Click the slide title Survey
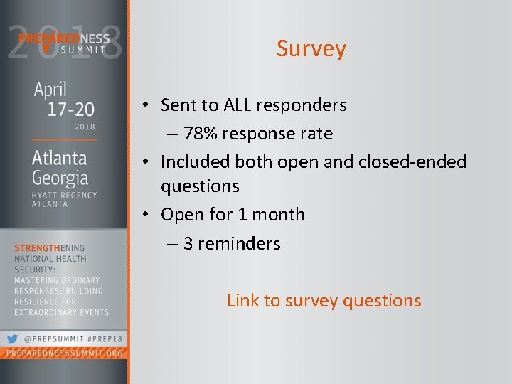click(x=311, y=49)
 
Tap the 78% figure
click(x=199, y=134)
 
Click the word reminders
click(x=239, y=243)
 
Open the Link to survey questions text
click(x=324, y=301)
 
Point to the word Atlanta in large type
click(x=59, y=157)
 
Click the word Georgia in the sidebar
click(x=60, y=177)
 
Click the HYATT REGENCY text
click(x=64, y=195)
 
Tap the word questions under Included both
click(x=200, y=186)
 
